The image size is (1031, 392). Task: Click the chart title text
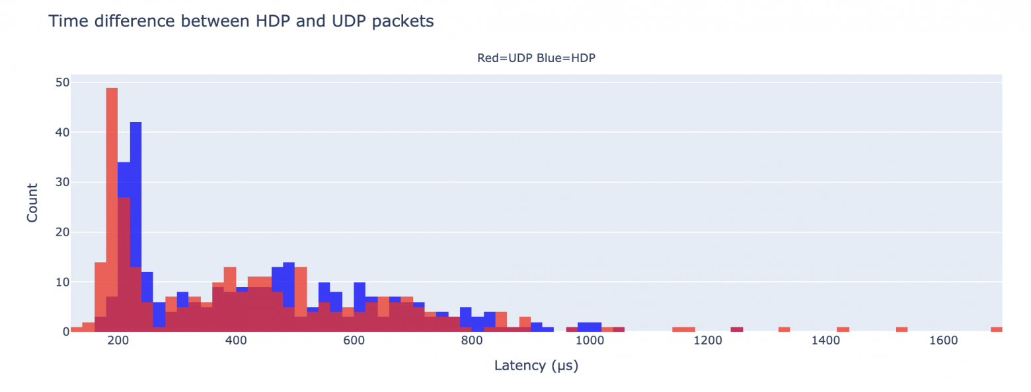[x=241, y=21]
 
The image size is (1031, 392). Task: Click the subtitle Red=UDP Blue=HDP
[x=536, y=58]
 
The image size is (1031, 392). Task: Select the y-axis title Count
[x=32, y=203]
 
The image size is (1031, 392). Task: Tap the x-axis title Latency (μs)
[x=536, y=365]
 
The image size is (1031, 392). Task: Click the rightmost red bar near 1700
[x=996, y=329]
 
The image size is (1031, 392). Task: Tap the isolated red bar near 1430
[x=843, y=329]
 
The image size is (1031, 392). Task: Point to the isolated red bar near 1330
[x=784, y=329]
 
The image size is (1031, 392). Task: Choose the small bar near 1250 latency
[x=736, y=329]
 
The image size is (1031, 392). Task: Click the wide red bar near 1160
[x=683, y=329]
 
